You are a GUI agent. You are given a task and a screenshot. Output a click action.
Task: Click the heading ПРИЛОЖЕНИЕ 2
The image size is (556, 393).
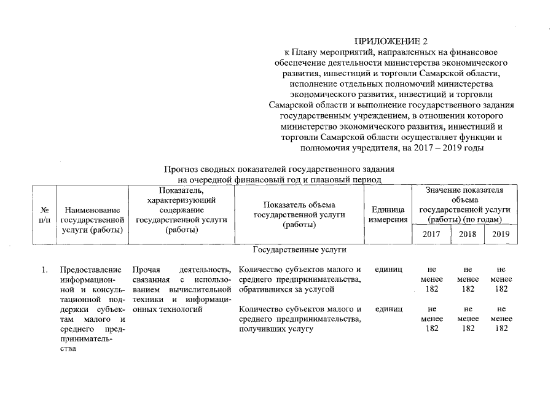click(391, 42)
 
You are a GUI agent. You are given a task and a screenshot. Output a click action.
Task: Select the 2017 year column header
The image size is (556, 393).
click(433, 235)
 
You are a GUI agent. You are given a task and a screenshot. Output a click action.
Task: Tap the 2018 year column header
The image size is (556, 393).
click(467, 235)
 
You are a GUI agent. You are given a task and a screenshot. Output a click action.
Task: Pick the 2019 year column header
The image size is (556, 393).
click(501, 235)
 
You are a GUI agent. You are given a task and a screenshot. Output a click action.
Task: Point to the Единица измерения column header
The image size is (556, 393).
click(388, 214)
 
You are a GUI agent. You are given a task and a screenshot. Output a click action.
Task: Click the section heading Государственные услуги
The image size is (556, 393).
click(300, 250)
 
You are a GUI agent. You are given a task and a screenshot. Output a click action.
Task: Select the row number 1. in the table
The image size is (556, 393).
click(44, 270)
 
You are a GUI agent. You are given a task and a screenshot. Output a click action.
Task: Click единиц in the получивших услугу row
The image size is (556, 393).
click(388, 309)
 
